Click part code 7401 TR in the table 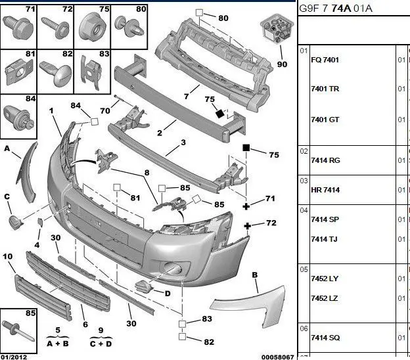tap(325, 89)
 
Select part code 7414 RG tap(325, 160)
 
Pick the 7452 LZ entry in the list tap(325, 298)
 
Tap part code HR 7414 tap(325, 190)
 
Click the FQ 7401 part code tap(325, 60)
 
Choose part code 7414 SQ tap(325, 338)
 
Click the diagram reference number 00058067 tap(277, 356)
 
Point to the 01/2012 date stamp tap(14, 356)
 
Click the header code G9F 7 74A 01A tap(335, 8)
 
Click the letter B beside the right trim tap(254, 274)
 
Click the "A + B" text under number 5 tap(57, 343)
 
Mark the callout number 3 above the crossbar tap(183, 143)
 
